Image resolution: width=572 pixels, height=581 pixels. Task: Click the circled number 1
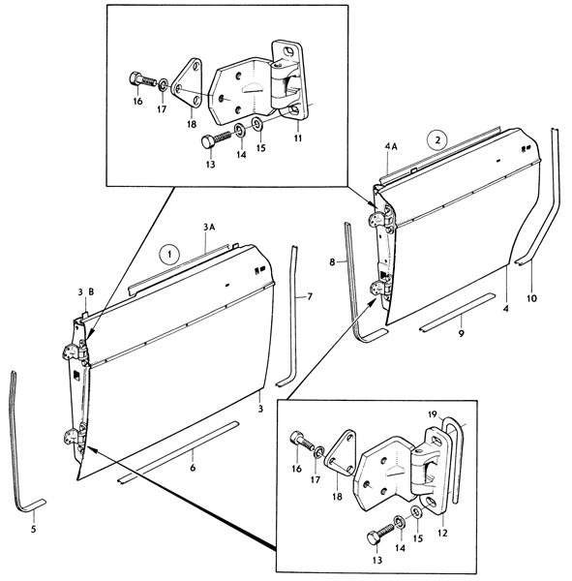[169, 255]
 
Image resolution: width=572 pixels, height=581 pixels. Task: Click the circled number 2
[437, 140]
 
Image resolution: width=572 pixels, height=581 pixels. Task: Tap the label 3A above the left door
[209, 228]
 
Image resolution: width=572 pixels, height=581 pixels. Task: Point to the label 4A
[391, 147]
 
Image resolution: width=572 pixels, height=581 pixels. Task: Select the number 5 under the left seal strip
[33, 529]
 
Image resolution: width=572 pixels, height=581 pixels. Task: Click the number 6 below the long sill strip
[193, 468]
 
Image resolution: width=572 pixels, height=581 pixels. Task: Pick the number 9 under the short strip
[462, 333]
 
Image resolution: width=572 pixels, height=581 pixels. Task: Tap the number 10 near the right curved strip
[531, 298]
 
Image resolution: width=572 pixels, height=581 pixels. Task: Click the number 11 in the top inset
[298, 138]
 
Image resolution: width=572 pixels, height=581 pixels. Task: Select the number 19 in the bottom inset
[433, 413]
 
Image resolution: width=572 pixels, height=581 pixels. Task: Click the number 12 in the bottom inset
[442, 533]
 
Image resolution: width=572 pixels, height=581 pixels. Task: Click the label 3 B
[86, 292]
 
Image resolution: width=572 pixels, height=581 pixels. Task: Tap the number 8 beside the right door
[332, 262]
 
